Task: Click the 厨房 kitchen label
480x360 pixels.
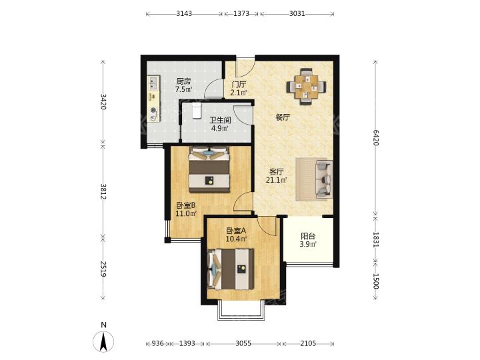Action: tap(183, 81)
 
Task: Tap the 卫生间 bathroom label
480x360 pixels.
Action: tap(220, 120)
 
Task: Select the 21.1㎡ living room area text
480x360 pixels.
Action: tap(276, 180)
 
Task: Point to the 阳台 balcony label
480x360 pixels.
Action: tap(308, 236)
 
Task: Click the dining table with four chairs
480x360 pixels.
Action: tap(307, 87)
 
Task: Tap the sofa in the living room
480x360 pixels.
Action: tap(324, 179)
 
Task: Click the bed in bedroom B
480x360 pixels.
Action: tap(209, 169)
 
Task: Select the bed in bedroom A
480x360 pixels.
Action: tap(231, 269)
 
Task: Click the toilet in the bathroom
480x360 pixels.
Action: tap(196, 111)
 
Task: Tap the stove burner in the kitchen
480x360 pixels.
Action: tap(153, 111)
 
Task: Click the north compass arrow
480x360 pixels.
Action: tap(104, 341)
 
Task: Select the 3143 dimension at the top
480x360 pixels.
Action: tap(184, 13)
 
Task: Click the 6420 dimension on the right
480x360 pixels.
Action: tap(376, 137)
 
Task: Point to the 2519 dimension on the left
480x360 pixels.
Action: tap(103, 269)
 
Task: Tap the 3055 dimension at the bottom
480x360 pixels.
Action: tap(243, 343)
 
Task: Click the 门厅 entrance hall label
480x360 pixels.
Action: tap(239, 84)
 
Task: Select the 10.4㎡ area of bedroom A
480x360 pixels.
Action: tap(236, 239)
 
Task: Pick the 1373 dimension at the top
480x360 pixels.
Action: tap(241, 13)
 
